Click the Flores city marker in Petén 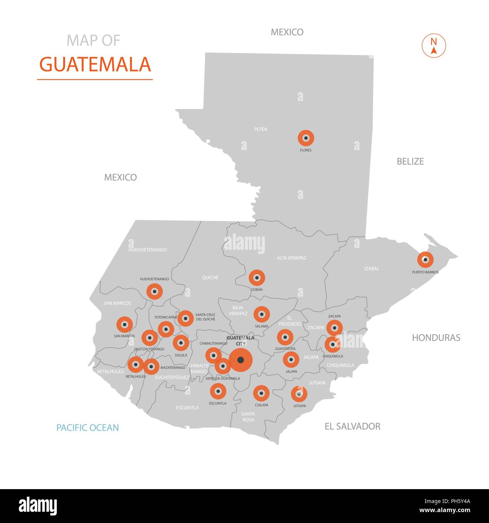tap(306, 138)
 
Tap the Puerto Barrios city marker tap(425, 260)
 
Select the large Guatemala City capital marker tap(241, 360)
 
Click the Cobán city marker tap(257, 278)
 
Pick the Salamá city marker tap(261, 314)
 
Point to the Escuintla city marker tap(218, 391)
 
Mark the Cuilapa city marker tap(261, 394)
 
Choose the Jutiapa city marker tap(299, 394)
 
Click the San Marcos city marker tap(125, 324)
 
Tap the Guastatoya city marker tap(285, 337)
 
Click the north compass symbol tap(434, 46)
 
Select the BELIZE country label tap(410, 161)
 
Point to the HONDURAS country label tap(436, 338)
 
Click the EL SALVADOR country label tap(352, 426)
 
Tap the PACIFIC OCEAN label tap(88, 427)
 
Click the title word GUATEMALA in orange tap(95, 64)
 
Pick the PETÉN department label tap(261, 129)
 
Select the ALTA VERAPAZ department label tap(292, 258)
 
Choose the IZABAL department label tap(371, 269)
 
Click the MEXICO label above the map tap(287, 32)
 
